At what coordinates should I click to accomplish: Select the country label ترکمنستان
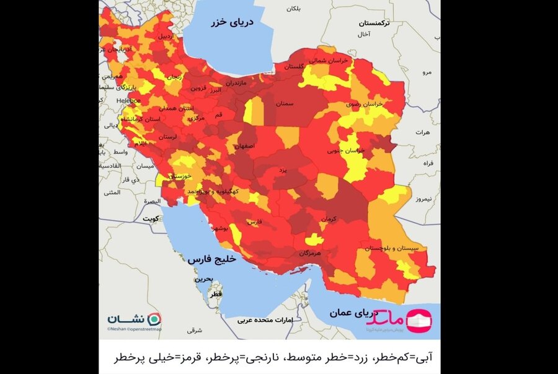click(378, 23)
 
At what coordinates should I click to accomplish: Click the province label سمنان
click(283, 104)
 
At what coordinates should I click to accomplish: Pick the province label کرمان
click(329, 219)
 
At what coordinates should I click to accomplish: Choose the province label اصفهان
click(244, 146)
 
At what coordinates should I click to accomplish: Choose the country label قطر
click(216, 295)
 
